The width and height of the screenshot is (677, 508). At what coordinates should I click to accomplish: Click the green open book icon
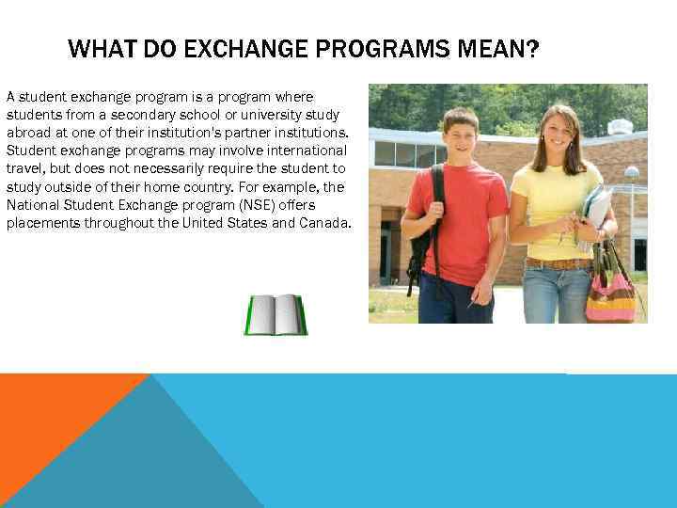tap(276, 314)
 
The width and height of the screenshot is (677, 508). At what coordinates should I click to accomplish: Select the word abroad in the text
tap(27, 133)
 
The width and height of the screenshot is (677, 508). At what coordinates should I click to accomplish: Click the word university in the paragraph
tap(245, 115)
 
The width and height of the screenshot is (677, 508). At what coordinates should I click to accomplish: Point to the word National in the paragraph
tap(31, 205)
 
